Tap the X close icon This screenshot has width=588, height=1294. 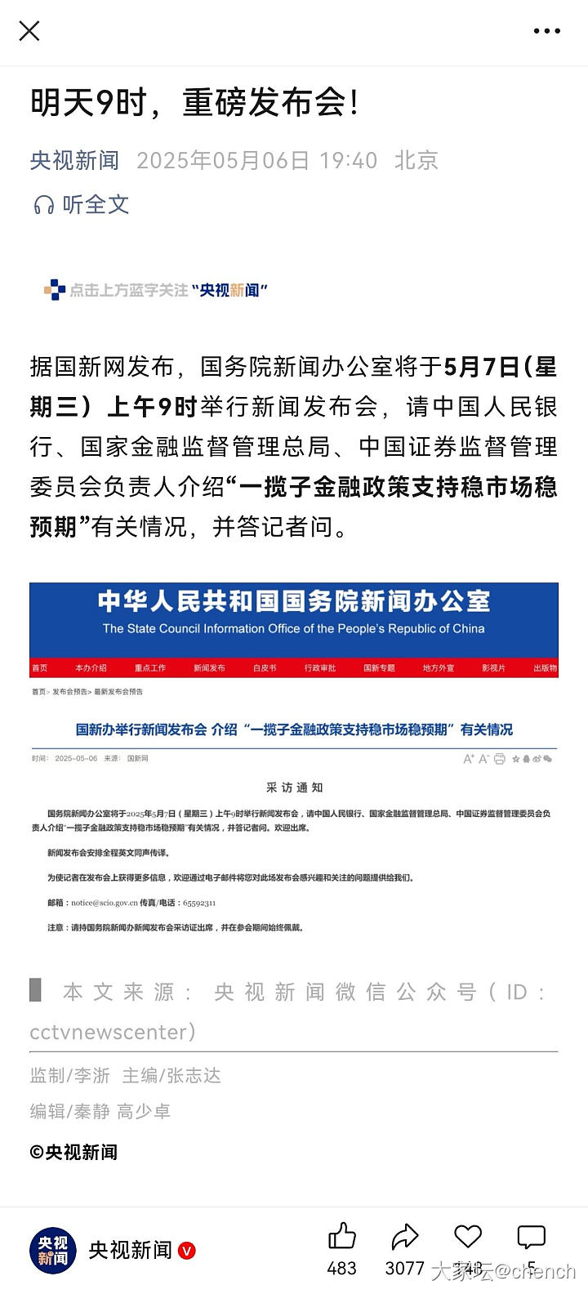29,31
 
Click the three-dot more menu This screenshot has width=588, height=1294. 546,31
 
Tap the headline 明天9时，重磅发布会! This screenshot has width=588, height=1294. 194,104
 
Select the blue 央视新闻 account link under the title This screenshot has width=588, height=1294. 74,160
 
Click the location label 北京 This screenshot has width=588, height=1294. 416,160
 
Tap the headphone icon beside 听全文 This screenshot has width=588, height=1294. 44,204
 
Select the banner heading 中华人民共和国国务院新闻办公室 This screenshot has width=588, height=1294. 294,602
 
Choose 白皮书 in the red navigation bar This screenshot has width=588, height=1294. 265,668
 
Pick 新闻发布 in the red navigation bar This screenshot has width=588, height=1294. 209,668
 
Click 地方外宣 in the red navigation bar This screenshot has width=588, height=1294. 438,668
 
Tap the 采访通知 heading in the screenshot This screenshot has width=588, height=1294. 294,788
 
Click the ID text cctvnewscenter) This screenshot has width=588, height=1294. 113,1032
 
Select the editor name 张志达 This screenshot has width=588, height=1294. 194,1076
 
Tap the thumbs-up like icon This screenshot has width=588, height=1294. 341,1237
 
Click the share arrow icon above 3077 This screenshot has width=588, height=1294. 404,1237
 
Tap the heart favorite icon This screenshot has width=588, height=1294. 468,1237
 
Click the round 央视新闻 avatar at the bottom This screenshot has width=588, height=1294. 53,1250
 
